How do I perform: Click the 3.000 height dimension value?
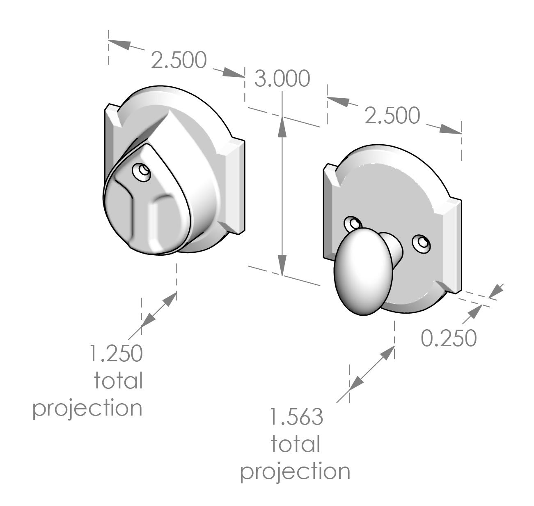tap(282, 79)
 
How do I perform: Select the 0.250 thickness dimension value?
tap(449, 338)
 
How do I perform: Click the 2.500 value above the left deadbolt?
tap(178, 61)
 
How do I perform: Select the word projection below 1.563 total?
tap(295, 472)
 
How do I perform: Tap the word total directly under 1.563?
tap(295, 444)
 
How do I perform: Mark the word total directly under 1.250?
tap(118, 381)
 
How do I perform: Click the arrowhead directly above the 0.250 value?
tap(472, 312)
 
